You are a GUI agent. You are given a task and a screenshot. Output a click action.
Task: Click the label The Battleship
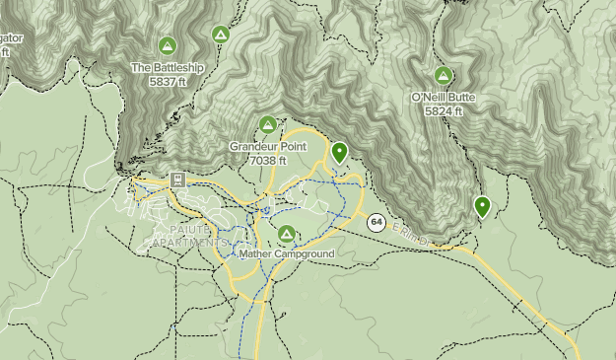tap(168, 68)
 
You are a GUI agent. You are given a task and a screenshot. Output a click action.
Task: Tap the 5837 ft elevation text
tap(168, 81)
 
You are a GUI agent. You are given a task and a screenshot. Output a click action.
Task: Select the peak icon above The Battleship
tap(168, 45)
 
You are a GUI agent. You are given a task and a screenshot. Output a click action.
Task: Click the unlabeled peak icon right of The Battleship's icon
tap(221, 35)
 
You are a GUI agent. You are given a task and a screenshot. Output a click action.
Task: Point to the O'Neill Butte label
tap(444, 99)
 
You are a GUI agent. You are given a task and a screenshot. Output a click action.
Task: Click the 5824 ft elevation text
tap(444, 111)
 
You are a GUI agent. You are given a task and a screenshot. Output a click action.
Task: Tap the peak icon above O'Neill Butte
tap(444, 75)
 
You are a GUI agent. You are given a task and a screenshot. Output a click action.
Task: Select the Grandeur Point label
tap(268, 146)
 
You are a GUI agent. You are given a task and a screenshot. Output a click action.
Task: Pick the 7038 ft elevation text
tap(268, 159)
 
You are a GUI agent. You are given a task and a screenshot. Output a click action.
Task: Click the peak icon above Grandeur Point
tap(267, 124)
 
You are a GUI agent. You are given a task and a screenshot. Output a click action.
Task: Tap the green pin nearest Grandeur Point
tap(339, 152)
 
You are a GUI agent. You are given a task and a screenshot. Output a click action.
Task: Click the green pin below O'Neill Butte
tap(482, 206)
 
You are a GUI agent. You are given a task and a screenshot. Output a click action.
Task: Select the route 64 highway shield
tap(376, 223)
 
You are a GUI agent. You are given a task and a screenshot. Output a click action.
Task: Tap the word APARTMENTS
tap(188, 242)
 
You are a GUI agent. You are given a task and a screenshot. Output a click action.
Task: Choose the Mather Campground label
tap(287, 253)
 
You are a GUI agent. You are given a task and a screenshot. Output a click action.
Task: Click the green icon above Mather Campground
tap(287, 234)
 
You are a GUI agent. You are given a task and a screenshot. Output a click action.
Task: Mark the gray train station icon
tap(177, 180)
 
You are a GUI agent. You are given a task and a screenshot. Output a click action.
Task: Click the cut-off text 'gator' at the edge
tap(10, 37)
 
